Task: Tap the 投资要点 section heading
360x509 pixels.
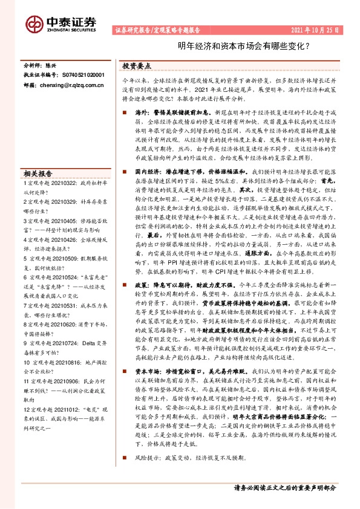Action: (x=137, y=66)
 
